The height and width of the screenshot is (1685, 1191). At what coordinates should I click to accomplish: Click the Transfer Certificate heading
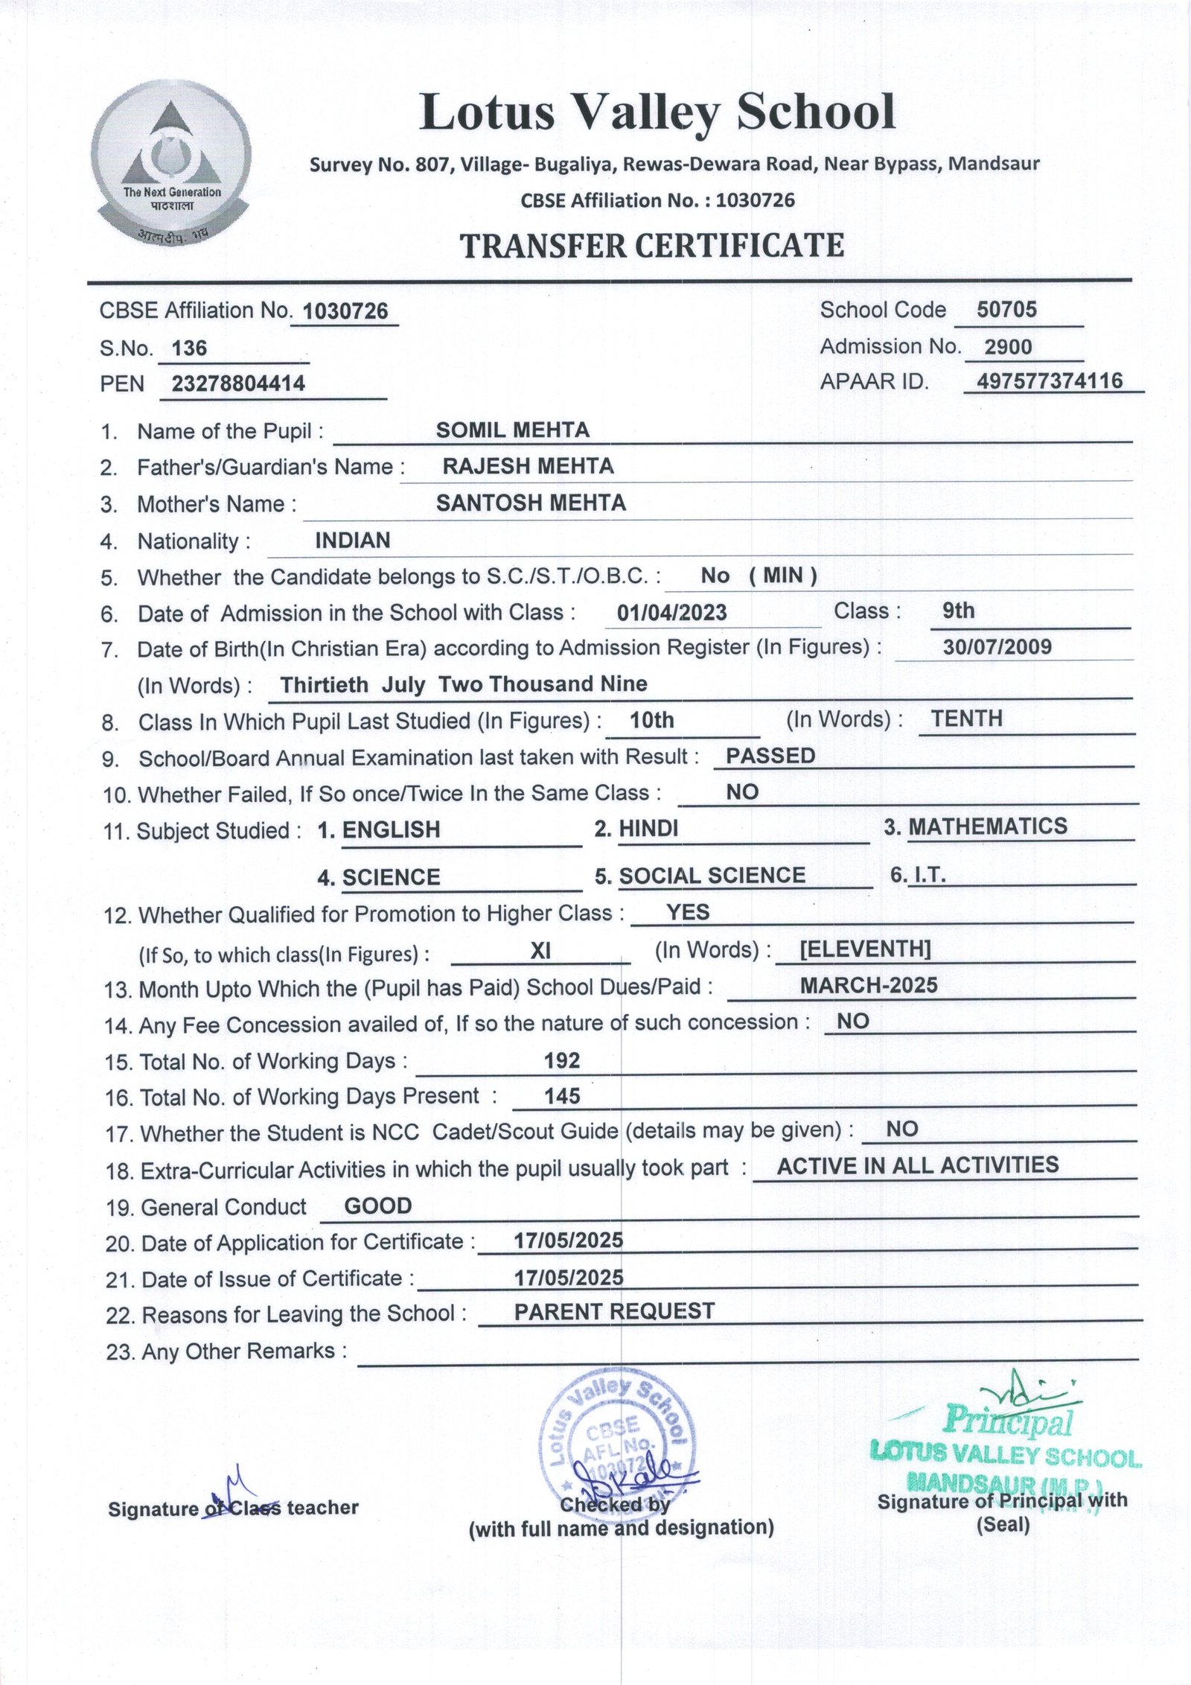click(x=652, y=246)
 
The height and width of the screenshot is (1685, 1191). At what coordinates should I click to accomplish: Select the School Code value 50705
click(x=1006, y=310)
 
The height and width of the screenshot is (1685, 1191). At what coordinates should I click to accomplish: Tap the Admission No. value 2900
click(x=1008, y=347)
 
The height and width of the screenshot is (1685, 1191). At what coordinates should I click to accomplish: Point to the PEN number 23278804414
click(x=238, y=383)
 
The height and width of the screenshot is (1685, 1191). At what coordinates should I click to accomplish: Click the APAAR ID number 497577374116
click(x=1050, y=381)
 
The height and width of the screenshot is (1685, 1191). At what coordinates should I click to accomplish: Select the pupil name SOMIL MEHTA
click(x=513, y=430)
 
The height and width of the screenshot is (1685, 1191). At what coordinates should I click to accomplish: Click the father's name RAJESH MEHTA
click(x=528, y=466)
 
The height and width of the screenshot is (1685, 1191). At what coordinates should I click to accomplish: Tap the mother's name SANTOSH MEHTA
click(x=531, y=503)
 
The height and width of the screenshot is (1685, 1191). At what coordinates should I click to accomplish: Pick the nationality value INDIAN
click(x=352, y=540)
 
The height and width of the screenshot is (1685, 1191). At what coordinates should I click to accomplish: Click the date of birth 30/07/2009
click(x=997, y=646)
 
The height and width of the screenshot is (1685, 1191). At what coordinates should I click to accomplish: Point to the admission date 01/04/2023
click(x=671, y=613)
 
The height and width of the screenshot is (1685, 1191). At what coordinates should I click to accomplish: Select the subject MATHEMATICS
click(x=987, y=826)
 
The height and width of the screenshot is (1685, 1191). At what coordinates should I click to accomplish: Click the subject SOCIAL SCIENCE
click(x=712, y=875)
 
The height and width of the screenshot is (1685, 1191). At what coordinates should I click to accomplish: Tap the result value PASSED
click(x=770, y=756)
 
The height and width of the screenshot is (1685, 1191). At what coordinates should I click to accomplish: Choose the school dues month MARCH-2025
click(x=869, y=985)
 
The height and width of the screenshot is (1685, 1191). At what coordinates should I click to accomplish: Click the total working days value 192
click(x=562, y=1060)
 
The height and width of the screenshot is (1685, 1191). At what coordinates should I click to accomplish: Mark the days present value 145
click(x=562, y=1096)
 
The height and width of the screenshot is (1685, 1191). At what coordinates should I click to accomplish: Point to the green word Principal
click(x=1009, y=1421)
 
